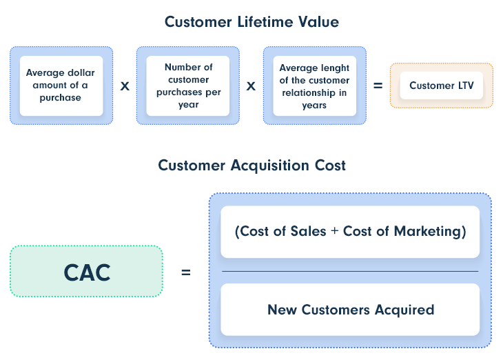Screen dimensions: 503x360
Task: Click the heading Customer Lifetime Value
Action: click(x=251, y=22)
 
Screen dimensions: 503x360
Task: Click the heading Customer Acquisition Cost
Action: click(x=251, y=166)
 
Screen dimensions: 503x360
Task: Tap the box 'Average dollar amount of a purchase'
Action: click(x=61, y=86)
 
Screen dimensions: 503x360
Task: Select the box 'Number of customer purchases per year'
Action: click(x=188, y=86)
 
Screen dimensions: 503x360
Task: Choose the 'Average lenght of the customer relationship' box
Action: click(x=315, y=86)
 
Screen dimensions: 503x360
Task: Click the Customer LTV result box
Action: click(x=442, y=86)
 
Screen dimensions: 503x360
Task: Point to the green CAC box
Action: click(x=87, y=271)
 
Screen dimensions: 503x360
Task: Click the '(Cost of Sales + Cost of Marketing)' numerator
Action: click(x=350, y=232)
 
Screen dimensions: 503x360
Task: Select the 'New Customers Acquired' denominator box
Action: click(x=350, y=310)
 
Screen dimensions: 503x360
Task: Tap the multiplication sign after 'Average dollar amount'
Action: click(x=125, y=86)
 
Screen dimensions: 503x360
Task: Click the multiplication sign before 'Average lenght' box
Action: click(x=251, y=86)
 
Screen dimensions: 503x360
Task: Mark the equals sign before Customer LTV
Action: click(x=378, y=86)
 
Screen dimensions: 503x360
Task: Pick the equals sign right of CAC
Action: click(x=186, y=272)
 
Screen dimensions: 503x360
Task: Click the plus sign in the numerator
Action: click(x=335, y=231)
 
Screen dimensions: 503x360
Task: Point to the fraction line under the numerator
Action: click(x=350, y=271)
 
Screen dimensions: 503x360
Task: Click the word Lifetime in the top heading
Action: click(x=265, y=22)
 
